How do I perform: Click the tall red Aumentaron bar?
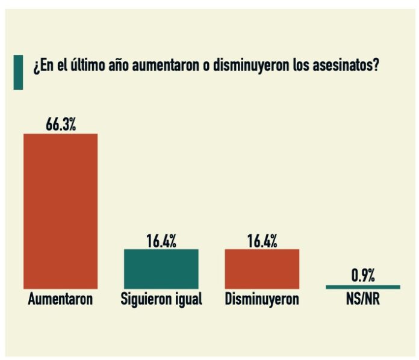coord(60,211)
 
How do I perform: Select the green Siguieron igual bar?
coord(161,268)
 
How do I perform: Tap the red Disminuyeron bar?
coord(262,268)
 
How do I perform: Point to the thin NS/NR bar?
coord(362,287)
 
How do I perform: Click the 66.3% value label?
coord(60,125)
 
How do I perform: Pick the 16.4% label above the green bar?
coord(161,241)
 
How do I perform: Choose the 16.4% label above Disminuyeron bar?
coord(262,241)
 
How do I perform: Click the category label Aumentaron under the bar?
coord(60,299)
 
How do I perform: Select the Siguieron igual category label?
coord(161,299)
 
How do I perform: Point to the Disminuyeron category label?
coord(262,299)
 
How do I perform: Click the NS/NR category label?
coord(362,299)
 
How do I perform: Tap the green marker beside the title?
coord(18,72)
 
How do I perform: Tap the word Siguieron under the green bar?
coord(145,299)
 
